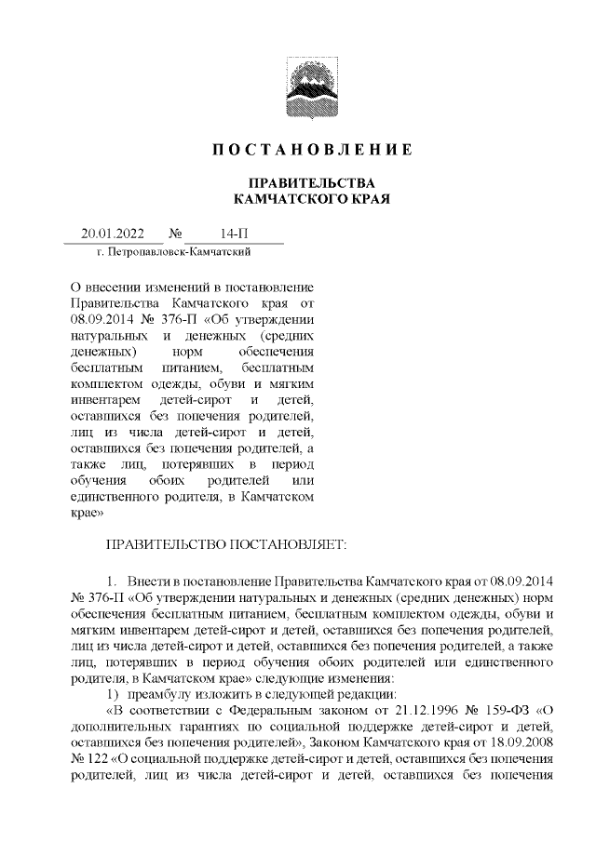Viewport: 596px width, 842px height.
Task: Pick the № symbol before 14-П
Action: pos(175,234)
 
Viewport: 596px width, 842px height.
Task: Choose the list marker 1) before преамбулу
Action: pos(115,695)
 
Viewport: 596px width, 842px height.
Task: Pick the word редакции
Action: pos(369,695)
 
